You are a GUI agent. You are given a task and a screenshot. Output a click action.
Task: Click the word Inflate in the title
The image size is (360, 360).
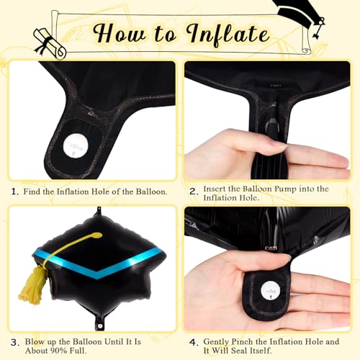point(228,35)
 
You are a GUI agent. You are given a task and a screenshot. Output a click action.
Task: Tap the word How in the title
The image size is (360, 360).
point(120,33)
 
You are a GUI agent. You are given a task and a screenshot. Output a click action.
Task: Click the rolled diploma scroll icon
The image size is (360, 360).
point(50,43)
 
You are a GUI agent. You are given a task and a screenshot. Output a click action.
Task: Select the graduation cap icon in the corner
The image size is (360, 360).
point(300,17)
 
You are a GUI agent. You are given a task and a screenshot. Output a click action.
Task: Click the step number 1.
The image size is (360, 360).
point(15,192)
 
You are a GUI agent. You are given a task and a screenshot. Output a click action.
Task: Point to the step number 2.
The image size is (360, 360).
point(193,192)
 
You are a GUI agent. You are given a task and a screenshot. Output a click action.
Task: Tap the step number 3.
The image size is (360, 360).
point(15,343)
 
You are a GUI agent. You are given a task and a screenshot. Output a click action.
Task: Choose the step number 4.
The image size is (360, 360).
point(194,343)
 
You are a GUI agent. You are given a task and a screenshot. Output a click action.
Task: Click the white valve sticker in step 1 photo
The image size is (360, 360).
point(76,146)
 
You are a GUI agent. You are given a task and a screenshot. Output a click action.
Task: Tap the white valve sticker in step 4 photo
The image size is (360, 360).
point(271,291)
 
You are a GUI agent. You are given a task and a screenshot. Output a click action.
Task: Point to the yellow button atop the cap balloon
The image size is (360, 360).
point(97,235)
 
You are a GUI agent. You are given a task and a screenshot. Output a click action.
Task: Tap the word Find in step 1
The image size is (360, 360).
point(32,192)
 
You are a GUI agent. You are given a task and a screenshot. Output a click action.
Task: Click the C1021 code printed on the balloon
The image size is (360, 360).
point(271,248)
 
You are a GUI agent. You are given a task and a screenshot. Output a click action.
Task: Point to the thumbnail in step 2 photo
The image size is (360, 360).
point(279,145)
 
